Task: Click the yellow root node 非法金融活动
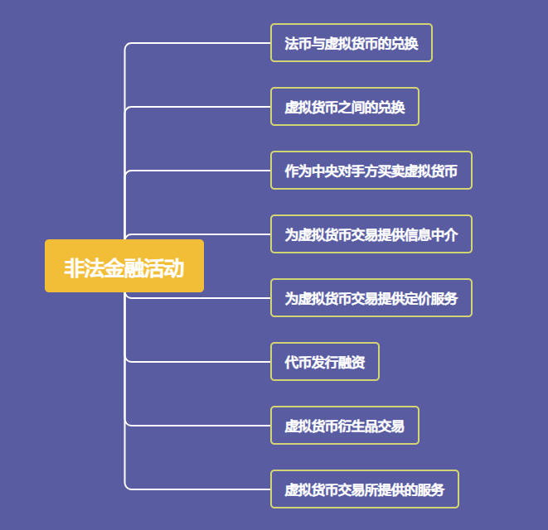[x=124, y=266]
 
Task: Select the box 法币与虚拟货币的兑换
[x=352, y=42]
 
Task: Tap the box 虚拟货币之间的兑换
[x=345, y=107]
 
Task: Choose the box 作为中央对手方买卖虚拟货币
[x=371, y=171]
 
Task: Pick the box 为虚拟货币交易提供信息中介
[x=371, y=234]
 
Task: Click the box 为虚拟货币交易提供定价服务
[x=371, y=298]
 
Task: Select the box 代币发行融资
[x=325, y=362]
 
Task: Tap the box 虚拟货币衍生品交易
[x=345, y=426]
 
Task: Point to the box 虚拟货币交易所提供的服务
[x=365, y=489]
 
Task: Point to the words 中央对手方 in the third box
[x=345, y=171]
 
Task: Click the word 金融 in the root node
[x=124, y=268]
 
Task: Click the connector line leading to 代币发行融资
[x=198, y=362]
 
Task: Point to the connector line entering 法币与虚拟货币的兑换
[x=198, y=43]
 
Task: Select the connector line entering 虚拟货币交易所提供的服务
[x=198, y=489]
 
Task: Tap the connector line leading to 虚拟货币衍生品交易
[x=198, y=426]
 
